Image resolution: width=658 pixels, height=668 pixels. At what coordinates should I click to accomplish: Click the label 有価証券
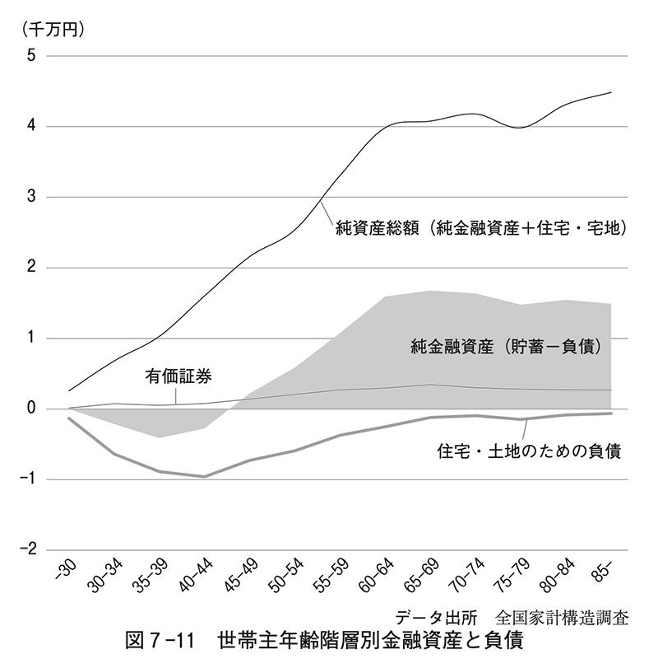[x=178, y=377]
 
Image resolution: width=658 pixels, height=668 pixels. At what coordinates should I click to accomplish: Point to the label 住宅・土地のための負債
[x=529, y=451]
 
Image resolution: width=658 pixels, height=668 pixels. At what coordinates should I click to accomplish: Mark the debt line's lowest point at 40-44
[x=204, y=476]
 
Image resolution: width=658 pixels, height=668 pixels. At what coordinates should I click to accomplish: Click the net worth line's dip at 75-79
[x=521, y=128]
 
